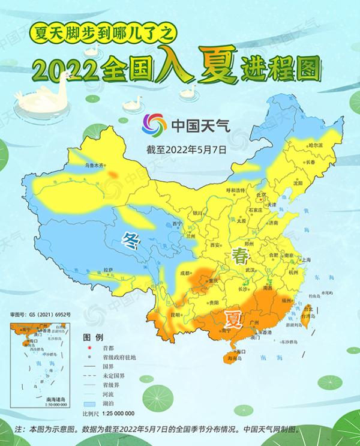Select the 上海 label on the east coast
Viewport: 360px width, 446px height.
[x=306, y=260]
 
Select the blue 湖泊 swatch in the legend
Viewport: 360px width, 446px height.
[x=88, y=405]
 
